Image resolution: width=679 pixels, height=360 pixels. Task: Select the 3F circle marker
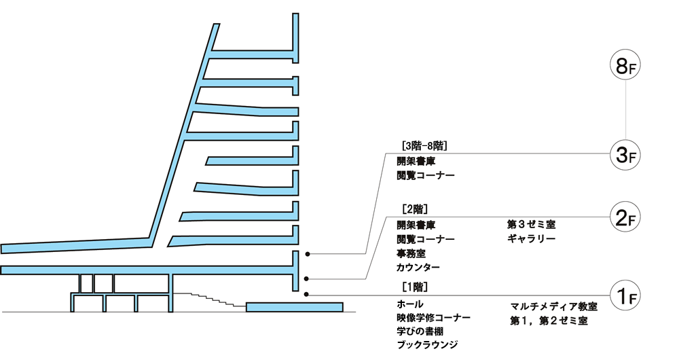(625, 154)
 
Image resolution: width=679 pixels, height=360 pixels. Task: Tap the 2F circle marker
(625, 217)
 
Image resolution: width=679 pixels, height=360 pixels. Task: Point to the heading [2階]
(415, 209)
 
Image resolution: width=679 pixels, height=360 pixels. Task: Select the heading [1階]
(415, 286)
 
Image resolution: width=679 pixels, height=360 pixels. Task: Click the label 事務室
(411, 253)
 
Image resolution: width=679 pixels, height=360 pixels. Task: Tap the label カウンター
(418, 268)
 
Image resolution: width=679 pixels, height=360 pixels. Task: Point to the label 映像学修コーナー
(434, 317)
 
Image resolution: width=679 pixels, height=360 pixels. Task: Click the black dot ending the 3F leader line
(308, 254)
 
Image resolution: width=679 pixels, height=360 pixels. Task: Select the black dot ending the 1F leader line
(308, 294)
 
